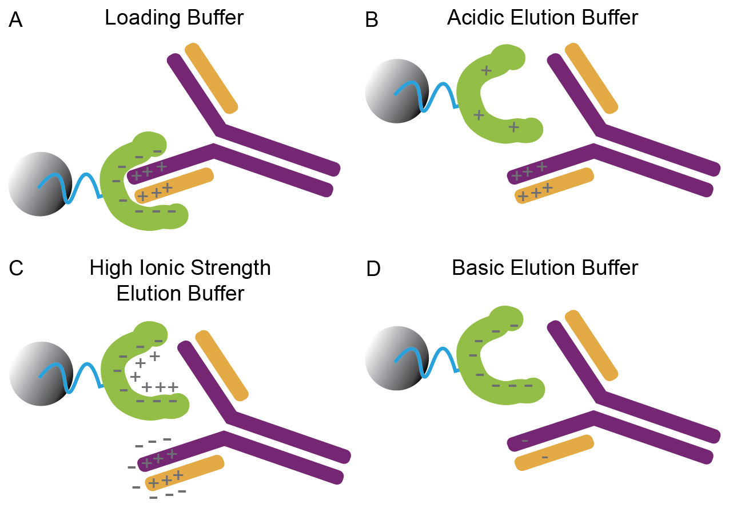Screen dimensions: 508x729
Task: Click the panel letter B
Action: [372, 21]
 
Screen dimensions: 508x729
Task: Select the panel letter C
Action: [17, 269]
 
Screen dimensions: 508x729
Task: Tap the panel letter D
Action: [373, 269]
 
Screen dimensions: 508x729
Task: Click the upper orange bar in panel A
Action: [211, 78]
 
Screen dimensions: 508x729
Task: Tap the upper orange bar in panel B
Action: [591, 78]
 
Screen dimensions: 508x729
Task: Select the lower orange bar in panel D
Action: [553, 453]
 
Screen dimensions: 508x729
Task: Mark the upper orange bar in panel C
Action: [222, 365]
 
